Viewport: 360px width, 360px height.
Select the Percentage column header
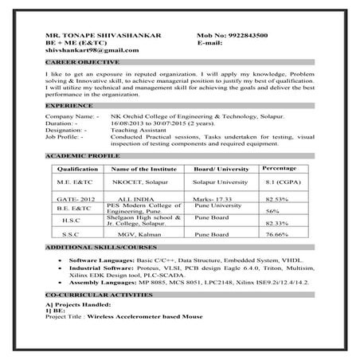(x=279, y=169)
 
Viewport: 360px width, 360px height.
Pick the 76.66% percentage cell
(x=276, y=235)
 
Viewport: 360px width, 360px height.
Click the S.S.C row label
(x=72, y=235)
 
